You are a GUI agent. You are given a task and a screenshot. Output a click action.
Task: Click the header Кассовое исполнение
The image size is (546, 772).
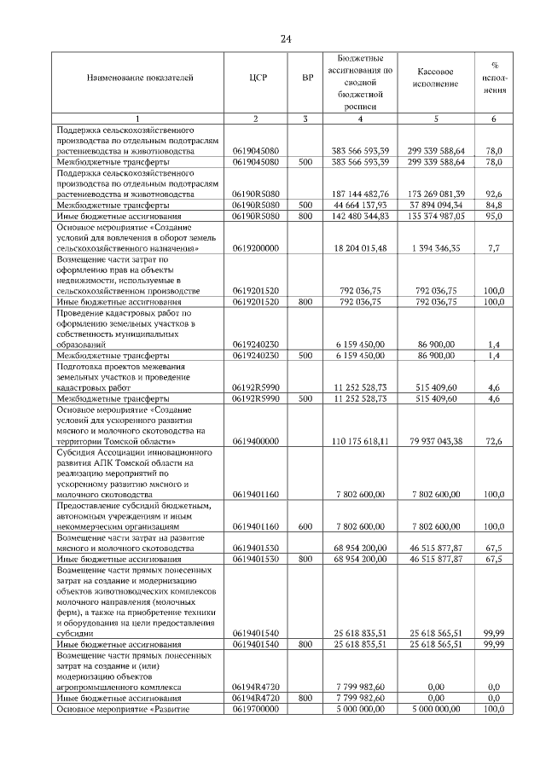pos(435,78)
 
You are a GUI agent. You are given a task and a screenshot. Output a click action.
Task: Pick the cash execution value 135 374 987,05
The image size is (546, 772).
pos(436,216)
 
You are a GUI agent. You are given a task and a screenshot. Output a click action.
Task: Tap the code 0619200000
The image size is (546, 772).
pos(255,248)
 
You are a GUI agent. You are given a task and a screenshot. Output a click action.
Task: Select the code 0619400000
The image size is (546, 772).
pos(255,442)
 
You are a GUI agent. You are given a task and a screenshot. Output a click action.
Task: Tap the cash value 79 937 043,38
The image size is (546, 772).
pos(436,442)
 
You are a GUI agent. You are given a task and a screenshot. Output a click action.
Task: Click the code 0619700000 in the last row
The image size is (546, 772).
pos(255,709)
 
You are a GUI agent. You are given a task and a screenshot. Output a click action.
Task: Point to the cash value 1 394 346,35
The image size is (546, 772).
pos(436,248)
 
